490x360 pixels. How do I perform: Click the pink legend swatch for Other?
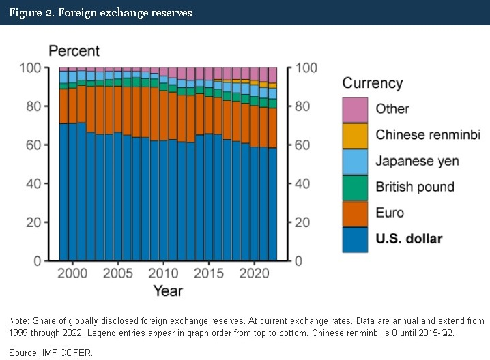tap(356, 109)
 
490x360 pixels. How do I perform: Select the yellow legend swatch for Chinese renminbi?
tap(356, 135)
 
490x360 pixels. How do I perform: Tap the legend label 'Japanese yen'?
tap(417, 161)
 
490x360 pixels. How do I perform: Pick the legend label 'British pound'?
tap(415, 187)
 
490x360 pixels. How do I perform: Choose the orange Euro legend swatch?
tap(356, 213)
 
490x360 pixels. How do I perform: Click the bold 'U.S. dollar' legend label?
tap(409, 239)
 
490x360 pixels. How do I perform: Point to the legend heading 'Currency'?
tap(372, 83)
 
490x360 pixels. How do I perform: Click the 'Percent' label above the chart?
tap(73, 51)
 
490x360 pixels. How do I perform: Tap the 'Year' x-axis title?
tap(167, 291)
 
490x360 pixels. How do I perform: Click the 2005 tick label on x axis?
tap(117, 273)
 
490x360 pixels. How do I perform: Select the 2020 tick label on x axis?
tap(254, 273)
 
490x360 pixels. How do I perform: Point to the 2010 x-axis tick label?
tap(163, 273)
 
